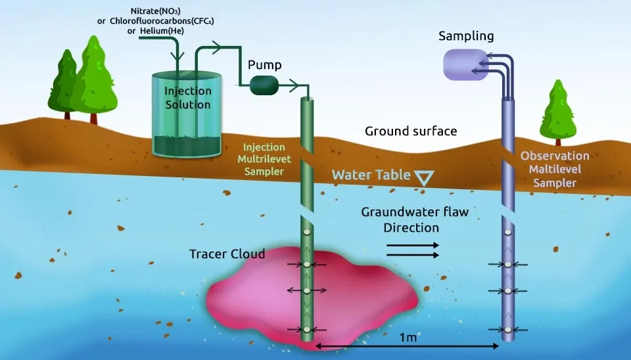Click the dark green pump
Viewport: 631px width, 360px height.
coord(266,84)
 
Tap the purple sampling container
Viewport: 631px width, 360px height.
coord(466,64)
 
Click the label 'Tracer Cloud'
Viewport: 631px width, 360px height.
coord(227,254)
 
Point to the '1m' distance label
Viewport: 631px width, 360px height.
coord(408,337)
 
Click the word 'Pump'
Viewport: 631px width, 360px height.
coord(265,65)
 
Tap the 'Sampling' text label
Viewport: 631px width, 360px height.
coord(466,35)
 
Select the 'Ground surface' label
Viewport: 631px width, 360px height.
coord(410,131)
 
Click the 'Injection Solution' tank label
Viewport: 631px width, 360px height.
coord(188,98)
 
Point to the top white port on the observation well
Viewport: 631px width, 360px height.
coord(507,233)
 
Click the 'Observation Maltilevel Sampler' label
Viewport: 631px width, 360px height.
coord(555,169)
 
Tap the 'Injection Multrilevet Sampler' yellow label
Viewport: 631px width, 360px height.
coord(264,159)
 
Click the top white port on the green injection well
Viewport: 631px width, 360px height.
coord(306,233)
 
